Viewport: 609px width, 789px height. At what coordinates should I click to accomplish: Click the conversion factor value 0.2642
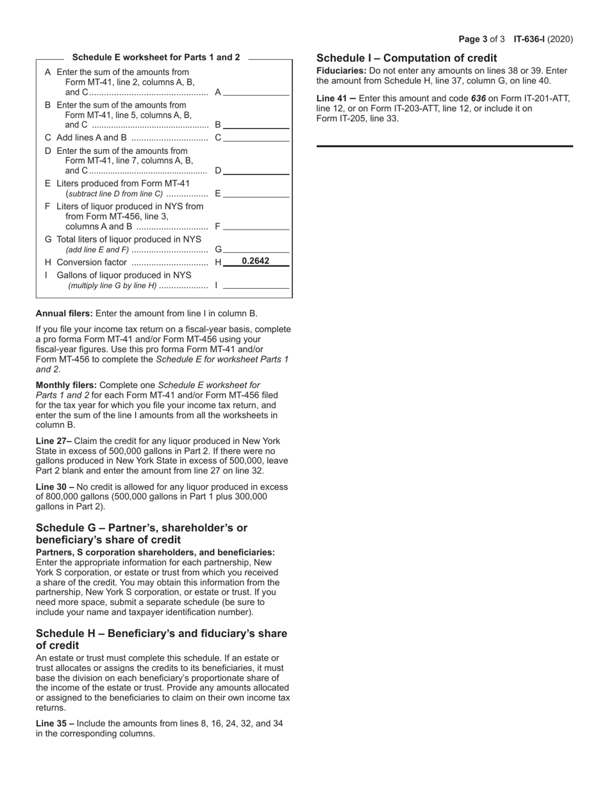[x=255, y=261]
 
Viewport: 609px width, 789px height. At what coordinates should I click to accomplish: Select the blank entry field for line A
[x=256, y=92]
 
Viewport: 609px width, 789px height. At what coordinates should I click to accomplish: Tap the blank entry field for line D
[x=256, y=170]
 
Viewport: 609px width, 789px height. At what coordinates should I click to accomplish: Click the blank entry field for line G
[x=256, y=249]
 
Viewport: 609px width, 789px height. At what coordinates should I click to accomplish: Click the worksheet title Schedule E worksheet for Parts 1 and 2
[x=156, y=57]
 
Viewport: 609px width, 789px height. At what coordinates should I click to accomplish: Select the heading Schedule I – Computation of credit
[x=406, y=58]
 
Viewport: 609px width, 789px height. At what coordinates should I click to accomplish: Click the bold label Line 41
[x=331, y=99]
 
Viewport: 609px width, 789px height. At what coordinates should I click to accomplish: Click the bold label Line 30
[x=51, y=487]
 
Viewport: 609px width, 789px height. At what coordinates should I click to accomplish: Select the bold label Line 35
[x=51, y=724]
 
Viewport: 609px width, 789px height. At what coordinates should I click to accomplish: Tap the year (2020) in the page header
[x=562, y=39]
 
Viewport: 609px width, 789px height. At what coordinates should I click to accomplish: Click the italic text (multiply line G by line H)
[x=112, y=285]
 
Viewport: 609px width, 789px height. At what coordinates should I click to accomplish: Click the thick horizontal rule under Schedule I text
[x=444, y=146]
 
